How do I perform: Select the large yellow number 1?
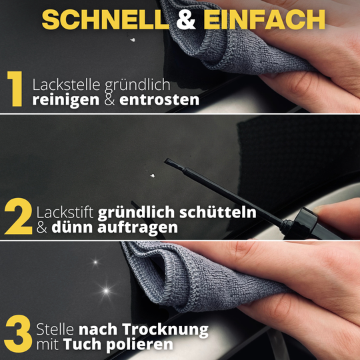pyautogui.click(x=16, y=92)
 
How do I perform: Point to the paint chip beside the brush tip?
pyautogui.click(x=153, y=175)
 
